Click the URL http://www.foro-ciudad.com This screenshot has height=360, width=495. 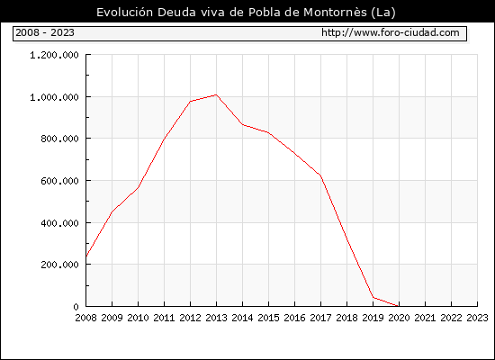coord(391,32)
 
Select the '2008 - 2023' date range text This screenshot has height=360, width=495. coord(45,32)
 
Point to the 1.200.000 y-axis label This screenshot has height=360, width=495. coord(54,55)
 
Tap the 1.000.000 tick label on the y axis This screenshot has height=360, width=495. coord(54,97)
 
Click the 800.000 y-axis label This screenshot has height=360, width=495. coord(59,139)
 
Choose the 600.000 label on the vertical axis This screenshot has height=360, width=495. coord(59,181)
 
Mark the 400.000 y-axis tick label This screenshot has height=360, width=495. coord(59,223)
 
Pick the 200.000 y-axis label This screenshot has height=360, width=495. coord(59,265)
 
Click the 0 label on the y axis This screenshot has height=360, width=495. coord(76,307)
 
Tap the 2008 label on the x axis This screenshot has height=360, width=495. coord(85,318)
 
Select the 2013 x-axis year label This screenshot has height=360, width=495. coord(216,318)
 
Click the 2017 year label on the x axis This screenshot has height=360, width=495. coord(320,318)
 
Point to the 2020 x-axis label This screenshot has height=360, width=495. coord(399,318)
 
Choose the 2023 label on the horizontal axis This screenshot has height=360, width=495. coord(477,318)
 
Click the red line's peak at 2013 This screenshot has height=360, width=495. coord(216,94)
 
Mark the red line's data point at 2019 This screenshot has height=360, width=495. coord(373,297)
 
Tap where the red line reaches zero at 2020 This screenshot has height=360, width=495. coord(399,306)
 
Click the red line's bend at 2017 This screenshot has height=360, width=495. coord(320,175)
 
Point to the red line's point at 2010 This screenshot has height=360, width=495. coord(139,187)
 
